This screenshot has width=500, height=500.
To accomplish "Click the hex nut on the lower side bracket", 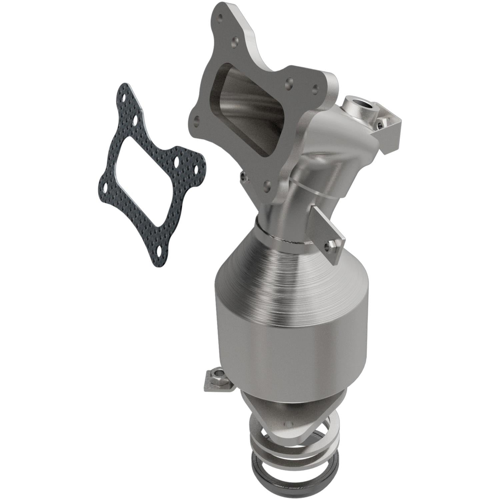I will coord(216,382).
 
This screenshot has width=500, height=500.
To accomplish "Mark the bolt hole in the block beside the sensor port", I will coord(380,124).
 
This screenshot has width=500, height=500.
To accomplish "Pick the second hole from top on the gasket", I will coord(136,119).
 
